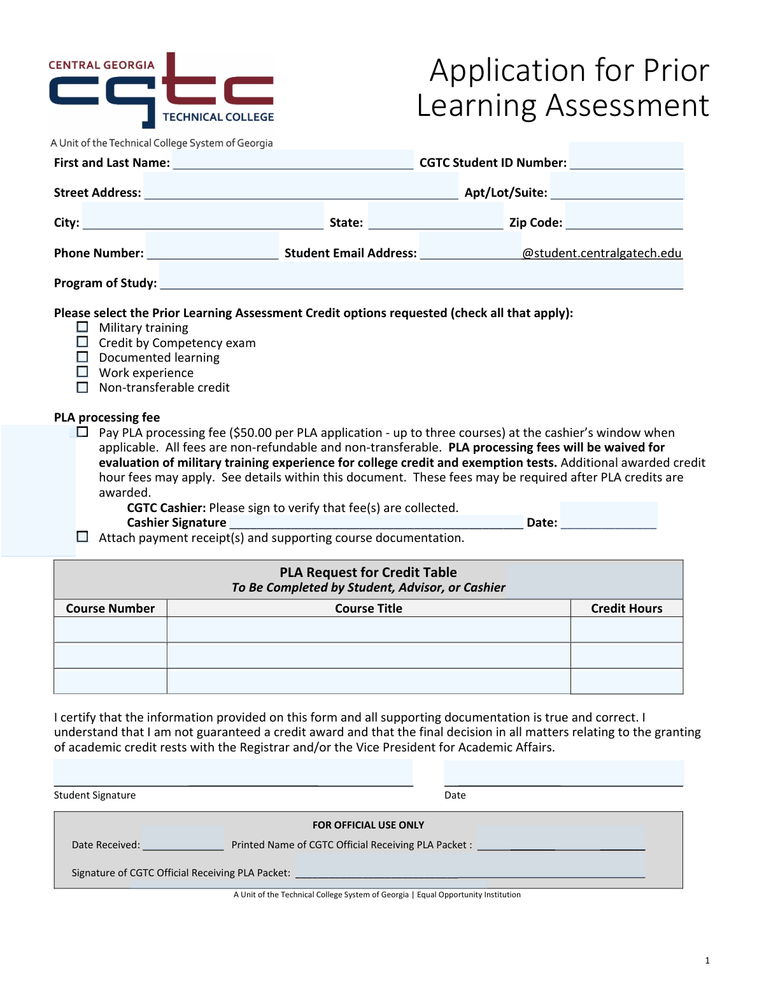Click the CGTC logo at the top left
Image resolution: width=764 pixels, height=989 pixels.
[x=162, y=90]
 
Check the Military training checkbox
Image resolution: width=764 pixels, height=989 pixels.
[x=83, y=327]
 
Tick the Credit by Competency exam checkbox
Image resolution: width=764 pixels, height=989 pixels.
[x=83, y=342]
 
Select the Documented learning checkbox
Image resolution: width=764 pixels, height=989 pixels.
[x=83, y=357]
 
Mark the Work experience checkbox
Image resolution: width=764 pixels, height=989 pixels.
[x=83, y=372]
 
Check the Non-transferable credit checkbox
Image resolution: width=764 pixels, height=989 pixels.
[x=83, y=387]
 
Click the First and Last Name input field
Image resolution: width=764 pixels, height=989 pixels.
[x=293, y=160]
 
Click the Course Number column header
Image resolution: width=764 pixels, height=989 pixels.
[x=110, y=608]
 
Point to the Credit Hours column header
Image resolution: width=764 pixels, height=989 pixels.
[x=626, y=608]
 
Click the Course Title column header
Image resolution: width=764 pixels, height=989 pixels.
[x=369, y=608]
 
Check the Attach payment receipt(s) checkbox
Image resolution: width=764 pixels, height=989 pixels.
[x=83, y=537]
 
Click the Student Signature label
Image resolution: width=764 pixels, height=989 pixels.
[x=95, y=795]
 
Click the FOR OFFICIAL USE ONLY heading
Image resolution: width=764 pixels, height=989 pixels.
[x=368, y=825]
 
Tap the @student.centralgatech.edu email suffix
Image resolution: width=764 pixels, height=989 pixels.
[x=602, y=253]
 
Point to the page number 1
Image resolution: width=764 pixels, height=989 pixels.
[x=707, y=960]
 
